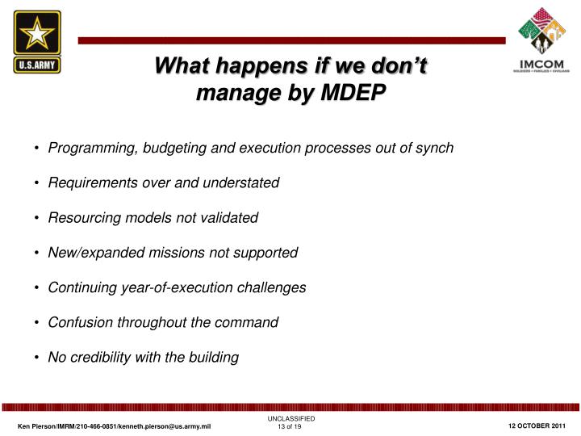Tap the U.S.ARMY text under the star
click(37, 65)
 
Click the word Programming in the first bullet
click(89, 148)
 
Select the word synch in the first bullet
click(436, 148)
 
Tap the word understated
click(241, 182)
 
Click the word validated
click(228, 218)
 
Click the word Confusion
click(79, 322)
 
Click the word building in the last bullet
click(212, 357)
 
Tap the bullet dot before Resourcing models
click(38, 218)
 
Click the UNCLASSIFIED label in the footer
click(290, 418)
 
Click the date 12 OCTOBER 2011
click(537, 426)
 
